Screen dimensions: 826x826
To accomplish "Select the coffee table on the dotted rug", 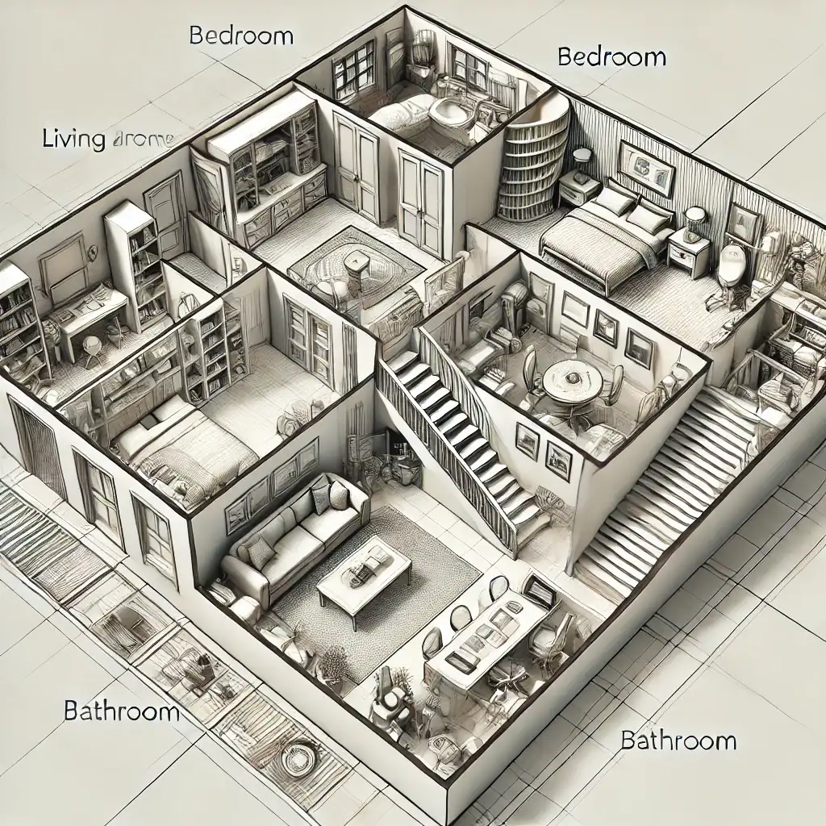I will coord(365,574).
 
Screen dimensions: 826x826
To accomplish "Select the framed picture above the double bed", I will coord(645,167).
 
